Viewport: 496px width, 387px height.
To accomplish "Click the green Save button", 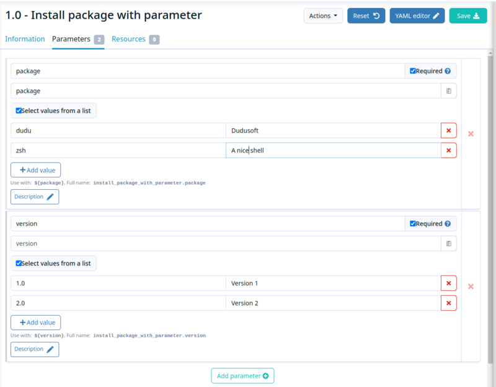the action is point(468,16).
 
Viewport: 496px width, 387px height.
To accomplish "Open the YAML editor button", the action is point(417,16).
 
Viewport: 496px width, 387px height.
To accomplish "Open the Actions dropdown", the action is point(323,16).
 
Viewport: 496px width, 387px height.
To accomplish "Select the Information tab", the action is point(25,39).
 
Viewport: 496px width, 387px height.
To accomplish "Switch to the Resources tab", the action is point(135,39).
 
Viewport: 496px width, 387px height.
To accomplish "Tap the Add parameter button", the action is point(242,376).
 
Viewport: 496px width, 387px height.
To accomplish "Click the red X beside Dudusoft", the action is point(448,130).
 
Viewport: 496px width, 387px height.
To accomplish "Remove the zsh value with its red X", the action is point(448,150).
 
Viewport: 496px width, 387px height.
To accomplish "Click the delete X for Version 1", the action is point(448,283).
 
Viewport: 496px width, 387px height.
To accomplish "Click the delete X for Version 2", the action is point(448,303).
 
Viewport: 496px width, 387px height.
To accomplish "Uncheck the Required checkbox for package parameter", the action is point(412,71).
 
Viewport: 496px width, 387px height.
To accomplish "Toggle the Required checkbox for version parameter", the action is point(412,224).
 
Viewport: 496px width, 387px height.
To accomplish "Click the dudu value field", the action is point(118,130).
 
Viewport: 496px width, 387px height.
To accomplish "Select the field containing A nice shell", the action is point(334,150).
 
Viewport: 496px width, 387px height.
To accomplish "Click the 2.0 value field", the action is point(118,303).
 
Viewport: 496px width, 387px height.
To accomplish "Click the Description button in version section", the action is point(35,349).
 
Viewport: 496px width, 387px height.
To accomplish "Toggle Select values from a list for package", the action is point(19,110).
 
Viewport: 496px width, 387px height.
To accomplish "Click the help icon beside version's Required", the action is point(448,224).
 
